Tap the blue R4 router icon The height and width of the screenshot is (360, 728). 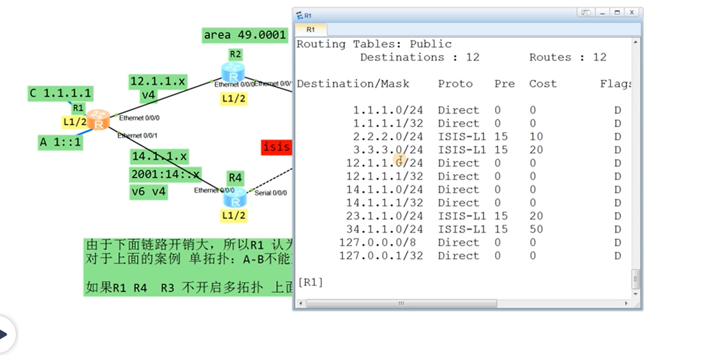point(235,198)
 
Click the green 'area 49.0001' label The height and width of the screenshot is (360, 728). point(245,35)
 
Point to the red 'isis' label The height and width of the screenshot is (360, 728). point(276,147)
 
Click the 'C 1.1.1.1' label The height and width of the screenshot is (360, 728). point(60,94)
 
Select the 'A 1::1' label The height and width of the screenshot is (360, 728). point(60,142)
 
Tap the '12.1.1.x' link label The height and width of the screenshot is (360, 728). point(157,82)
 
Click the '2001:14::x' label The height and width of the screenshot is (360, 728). point(165,174)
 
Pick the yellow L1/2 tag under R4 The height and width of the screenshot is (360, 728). point(234,216)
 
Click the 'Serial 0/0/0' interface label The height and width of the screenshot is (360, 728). point(270,193)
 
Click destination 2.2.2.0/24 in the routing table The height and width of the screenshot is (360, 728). point(388,137)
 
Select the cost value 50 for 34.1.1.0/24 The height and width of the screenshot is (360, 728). point(536,229)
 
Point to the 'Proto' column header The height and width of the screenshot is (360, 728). point(455,84)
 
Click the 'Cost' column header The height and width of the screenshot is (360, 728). point(543,84)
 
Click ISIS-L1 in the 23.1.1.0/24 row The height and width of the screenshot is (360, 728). point(462,216)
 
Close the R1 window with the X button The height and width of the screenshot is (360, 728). point(631,13)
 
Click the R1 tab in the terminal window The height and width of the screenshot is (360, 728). point(311,30)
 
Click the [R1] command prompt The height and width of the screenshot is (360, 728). point(310,282)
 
